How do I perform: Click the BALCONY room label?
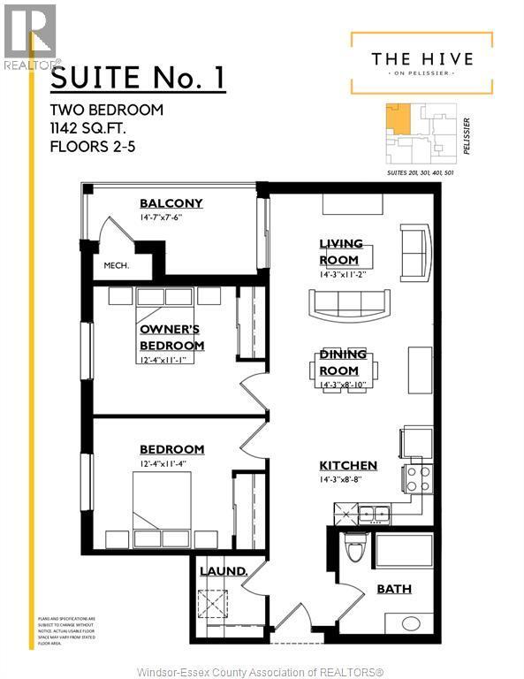click(171, 203)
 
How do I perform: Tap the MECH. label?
click(116, 265)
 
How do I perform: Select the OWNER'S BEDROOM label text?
click(171, 337)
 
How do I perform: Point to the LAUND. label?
click(223, 571)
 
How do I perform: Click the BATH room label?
click(393, 589)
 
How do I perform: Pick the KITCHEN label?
click(348, 465)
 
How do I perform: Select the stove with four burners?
click(418, 479)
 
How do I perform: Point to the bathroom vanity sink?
click(412, 623)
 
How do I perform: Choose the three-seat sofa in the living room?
click(347, 302)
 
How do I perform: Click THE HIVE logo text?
click(421, 58)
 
